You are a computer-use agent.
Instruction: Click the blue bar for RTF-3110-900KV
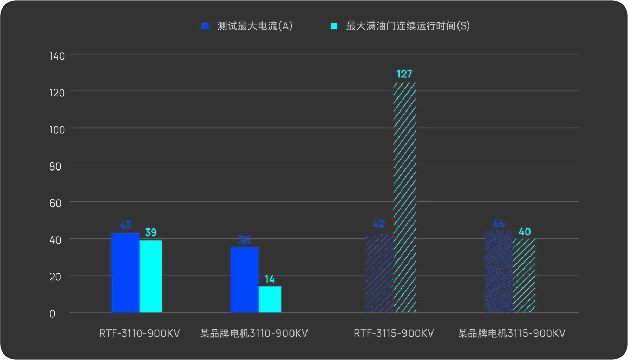coord(125,273)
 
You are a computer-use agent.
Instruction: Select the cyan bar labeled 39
coord(151,276)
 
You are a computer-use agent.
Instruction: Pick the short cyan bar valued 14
coord(270,299)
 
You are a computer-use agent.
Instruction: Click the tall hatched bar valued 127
coord(404,197)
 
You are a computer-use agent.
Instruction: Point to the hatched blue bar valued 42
coord(379,273)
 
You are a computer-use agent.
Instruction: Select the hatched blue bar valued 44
coord(498,272)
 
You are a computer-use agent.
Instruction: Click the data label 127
coord(404,74)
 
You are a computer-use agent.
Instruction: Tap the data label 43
coord(125,225)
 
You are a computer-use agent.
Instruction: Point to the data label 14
coord(270,279)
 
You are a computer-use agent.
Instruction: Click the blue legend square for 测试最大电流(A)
coord(205,26)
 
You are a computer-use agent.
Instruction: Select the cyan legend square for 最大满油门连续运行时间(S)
coord(334,26)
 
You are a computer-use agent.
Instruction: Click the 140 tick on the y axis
coord(57,55)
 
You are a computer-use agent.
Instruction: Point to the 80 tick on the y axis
coord(57,166)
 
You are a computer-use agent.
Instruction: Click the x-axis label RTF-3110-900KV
coord(140,333)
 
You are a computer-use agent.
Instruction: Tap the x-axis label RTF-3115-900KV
coord(394,333)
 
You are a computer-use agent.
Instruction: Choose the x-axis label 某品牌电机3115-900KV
coord(512,333)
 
